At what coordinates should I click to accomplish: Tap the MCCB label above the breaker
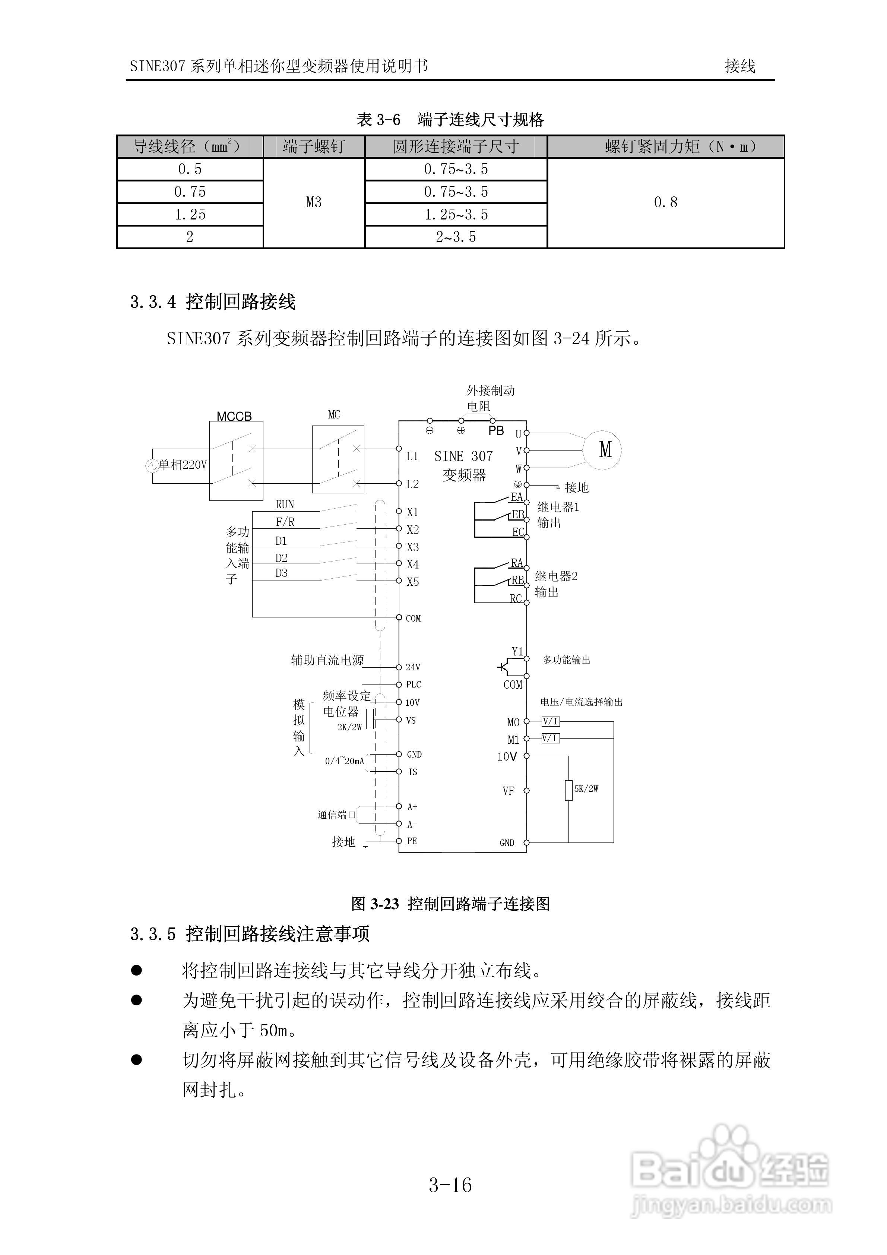tap(234, 417)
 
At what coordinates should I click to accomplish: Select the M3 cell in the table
tap(314, 203)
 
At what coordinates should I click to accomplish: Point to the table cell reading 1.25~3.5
tap(456, 215)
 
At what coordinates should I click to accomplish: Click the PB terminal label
tap(496, 431)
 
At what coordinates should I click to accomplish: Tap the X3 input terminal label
tap(413, 547)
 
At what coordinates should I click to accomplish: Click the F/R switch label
tap(285, 522)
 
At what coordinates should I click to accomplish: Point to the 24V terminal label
tap(413, 667)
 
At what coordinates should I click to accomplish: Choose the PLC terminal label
tap(413, 685)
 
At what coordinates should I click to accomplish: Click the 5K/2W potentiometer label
tap(586, 789)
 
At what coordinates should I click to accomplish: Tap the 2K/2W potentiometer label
tap(349, 727)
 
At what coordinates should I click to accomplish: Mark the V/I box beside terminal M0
tap(550, 721)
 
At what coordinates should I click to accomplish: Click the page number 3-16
tap(450, 1185)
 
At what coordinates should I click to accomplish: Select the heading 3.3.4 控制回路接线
tap(213, 302)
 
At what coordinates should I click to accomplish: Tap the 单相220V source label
tap(183, 465)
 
